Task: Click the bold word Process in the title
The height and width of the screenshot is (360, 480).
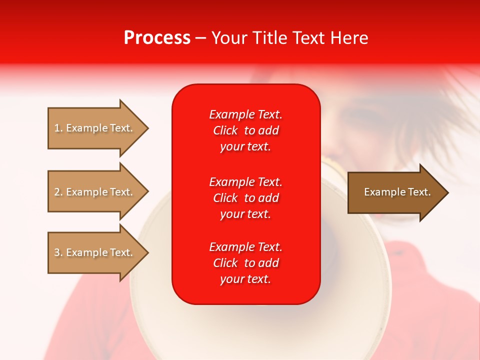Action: click(x=157, y=38)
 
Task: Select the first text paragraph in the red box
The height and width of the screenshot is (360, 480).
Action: click(x=245, y=130)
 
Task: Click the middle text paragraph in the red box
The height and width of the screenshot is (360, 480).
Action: click(x=245, y=198)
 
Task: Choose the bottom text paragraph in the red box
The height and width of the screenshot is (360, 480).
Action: click(x=245, y=263)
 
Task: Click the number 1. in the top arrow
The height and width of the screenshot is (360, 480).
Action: click(x=58, y=128)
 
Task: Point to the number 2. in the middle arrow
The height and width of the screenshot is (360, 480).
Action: click(x=58, y=192)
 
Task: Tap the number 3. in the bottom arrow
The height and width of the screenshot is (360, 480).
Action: click(x=58, y=252)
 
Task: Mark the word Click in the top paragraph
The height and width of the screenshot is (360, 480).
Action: click(x=225, y=130)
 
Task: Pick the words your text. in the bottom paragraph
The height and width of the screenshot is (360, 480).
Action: click(x=245, y=279)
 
